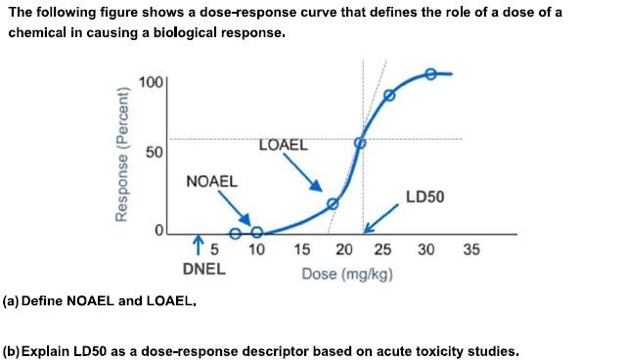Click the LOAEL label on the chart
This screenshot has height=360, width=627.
click(283, 146)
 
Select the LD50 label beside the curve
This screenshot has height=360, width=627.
click(425, 197)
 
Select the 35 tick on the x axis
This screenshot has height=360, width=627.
click(470, 250)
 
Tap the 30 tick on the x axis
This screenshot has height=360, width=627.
click(426, 250)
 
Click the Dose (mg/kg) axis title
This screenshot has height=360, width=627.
click(347, 273)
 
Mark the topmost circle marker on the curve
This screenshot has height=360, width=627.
click(430, 74)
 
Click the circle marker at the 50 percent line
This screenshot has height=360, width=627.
click(359, 143)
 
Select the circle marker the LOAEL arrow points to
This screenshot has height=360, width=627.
click(332, 203)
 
